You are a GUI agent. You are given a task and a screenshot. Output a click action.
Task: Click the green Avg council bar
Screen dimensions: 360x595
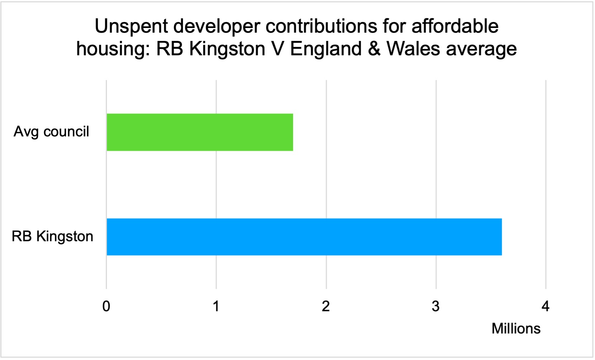200,132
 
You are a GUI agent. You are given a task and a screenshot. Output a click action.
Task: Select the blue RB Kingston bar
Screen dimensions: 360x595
304,237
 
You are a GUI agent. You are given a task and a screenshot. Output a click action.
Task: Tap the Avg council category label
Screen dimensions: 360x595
51,132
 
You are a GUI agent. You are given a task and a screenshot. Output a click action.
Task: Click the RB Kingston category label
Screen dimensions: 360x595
52,237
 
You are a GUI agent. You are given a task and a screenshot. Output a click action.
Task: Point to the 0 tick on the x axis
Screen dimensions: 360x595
106,306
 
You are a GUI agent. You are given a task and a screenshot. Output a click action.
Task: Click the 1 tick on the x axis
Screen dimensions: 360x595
216,306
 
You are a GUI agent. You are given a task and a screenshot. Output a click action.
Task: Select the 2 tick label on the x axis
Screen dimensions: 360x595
326,306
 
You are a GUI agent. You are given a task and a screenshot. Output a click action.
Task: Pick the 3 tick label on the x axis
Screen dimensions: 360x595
435,306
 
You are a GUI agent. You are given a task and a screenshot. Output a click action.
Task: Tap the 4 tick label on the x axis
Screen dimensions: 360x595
546,306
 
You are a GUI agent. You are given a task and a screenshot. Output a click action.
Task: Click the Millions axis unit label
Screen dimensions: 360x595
516,328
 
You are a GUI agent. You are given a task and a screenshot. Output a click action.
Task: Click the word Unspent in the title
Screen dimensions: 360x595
132,26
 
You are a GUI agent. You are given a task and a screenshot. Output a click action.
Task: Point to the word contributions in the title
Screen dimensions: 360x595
321,26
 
